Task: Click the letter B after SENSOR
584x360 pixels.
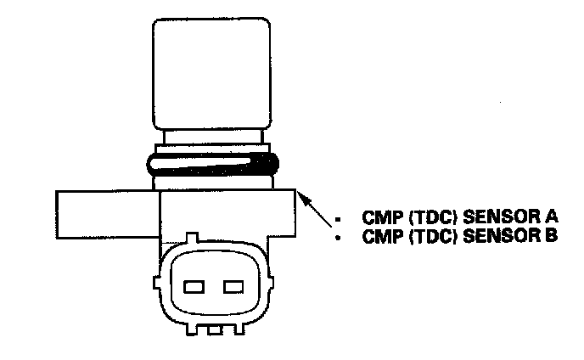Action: [x=551, y=237]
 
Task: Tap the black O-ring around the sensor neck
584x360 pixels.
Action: [x=212, y=164]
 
